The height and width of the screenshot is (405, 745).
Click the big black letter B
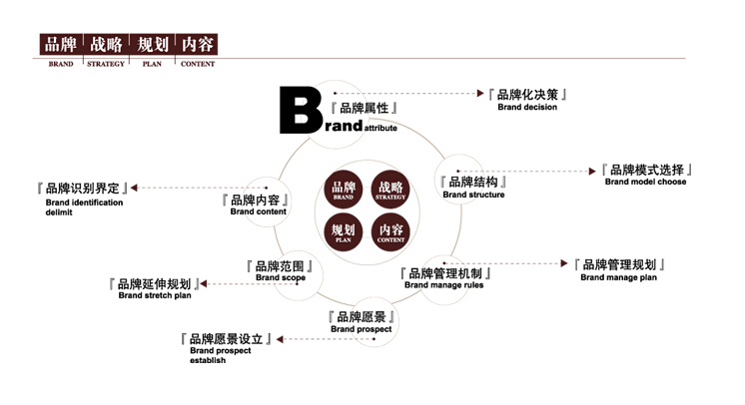coord(300,111)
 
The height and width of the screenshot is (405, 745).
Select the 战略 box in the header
coord(106,45)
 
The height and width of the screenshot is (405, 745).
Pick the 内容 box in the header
coord(197,45)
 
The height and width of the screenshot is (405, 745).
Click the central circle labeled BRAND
coord(344,190)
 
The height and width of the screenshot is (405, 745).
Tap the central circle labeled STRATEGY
coord(390,190)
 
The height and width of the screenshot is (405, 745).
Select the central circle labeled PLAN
coord(344,233)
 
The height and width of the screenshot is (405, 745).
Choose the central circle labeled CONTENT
coord(390,233)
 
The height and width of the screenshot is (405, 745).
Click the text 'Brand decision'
coord(527,108)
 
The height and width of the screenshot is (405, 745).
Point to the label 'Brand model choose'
coord(645,183)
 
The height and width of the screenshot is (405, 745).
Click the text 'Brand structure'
coord(473,195)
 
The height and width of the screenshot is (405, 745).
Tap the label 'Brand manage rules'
coord(443,285)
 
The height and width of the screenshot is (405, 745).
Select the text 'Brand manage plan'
coord(618,277)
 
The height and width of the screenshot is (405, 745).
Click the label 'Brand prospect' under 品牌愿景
coord(361,329)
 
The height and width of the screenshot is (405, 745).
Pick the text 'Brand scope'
coord(280,278)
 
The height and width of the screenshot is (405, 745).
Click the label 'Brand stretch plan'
coord(154,295)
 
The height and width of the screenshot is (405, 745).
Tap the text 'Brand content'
coord(258,211)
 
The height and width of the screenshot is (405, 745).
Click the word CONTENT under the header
coord(197,64)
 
